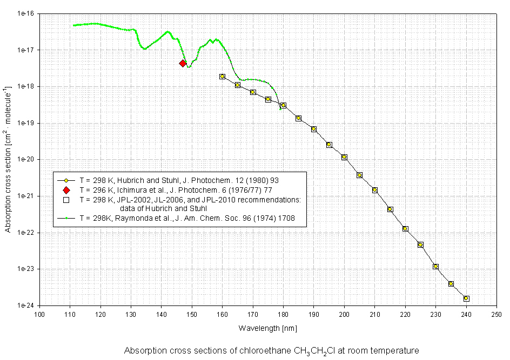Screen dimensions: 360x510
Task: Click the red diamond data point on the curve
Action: coord(183,63)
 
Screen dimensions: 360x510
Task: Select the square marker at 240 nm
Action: coord(466,298)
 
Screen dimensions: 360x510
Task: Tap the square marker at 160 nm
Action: coord(222,77)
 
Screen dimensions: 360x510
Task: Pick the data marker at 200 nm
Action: coord(344,157)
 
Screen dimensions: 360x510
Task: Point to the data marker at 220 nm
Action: coord(405,229)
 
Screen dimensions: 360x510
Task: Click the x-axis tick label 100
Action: coord(39,314)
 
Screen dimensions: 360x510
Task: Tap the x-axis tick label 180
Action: coord(283,314)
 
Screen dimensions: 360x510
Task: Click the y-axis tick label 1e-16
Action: coord(25,13)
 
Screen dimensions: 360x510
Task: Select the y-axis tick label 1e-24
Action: coord(25,305)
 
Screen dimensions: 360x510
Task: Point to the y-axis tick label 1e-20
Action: coord(25,160)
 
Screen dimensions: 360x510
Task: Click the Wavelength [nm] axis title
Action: coord(267,328)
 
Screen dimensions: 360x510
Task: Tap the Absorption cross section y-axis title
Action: coord(9,159)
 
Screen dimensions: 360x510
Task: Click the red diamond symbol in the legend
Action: coord(66,190)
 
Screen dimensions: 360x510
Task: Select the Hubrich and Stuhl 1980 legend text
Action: coord(179,180)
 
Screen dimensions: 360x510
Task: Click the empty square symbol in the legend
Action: coord(66,200)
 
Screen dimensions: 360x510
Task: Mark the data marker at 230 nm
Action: coord(435,267)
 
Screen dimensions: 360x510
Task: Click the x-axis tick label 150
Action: coord(192,314)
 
